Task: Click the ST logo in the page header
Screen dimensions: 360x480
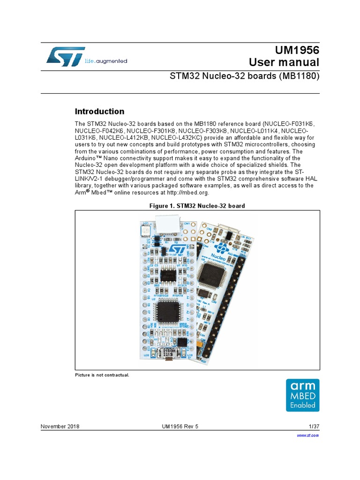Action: click(x=66, y=56)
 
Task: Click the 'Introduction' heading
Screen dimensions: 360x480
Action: click(x=100, y=112)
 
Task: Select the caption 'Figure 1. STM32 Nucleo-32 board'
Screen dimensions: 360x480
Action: click(x=197, y=206)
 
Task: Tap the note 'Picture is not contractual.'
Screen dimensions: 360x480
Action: click(x=102, y=375)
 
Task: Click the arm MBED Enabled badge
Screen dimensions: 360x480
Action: click(x=302, y=395)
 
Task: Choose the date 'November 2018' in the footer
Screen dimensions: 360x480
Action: click(x=60, y=427)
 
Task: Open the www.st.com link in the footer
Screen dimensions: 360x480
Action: click(x=308, y=435)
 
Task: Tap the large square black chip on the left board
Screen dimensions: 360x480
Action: click(x=167, y=312)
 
